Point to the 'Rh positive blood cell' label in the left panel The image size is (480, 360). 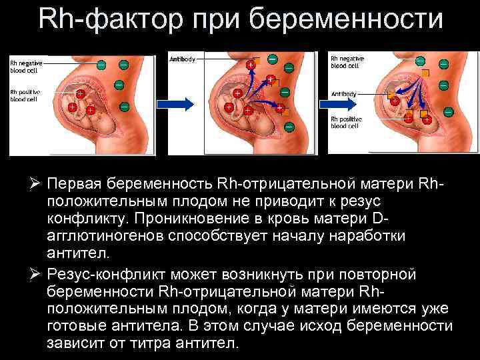[x=26, y=95]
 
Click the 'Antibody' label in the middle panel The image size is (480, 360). [x=182, y=59]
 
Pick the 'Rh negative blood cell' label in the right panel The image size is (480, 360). [x=347, y=62]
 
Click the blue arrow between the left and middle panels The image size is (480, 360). [x=175, y=103]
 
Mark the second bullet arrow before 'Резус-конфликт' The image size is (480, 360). [x=35, y=274]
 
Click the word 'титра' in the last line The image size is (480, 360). [x=135, y=344]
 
